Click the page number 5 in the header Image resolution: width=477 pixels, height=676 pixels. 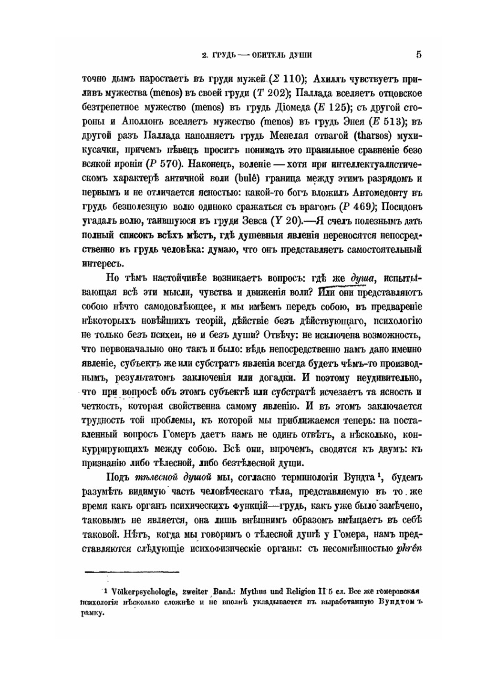pos(418,54)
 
